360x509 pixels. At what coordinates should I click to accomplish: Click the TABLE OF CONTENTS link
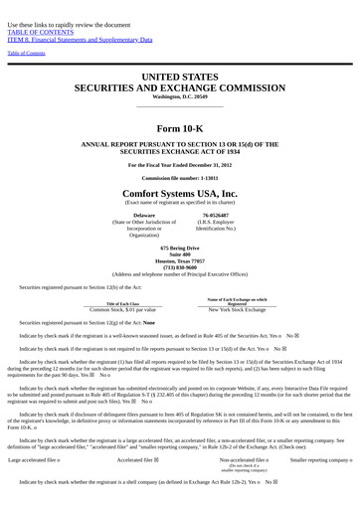[x=40, y=32]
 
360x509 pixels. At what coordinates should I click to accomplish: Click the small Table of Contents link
[x=26, y=53]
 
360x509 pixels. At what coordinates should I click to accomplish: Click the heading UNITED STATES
[x=180, y=77]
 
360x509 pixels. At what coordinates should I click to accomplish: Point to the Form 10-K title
[x=179, y=128]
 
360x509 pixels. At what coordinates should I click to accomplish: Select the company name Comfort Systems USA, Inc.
[x=180, y=193]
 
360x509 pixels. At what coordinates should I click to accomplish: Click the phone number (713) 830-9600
[x=180, y=266]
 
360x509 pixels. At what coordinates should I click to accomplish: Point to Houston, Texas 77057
[x=180, y=260]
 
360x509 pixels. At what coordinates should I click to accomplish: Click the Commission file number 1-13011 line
[x=180, y=178]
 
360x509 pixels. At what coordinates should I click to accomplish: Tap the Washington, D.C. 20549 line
[x=180, y=96]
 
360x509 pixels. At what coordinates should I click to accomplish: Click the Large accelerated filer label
[x=33, y=460]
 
